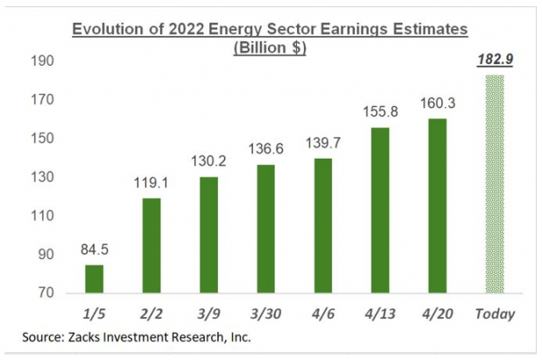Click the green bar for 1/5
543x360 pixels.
click(94, 279)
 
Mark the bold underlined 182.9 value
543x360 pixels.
click(496, 62)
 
